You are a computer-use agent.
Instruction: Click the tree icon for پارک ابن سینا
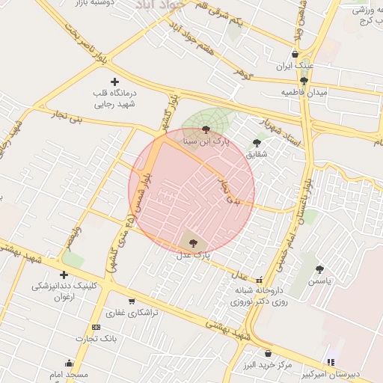click(206, 129)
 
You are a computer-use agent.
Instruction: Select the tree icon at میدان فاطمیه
click(303, 81)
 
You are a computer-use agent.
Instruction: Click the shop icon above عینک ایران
click(295, 54)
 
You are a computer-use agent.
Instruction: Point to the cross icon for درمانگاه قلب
click(114, 81)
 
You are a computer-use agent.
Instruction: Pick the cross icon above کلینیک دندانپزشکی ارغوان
click(64, 275)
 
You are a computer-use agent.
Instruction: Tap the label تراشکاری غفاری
click(132, 313)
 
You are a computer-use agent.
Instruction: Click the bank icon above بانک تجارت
click(96, 327)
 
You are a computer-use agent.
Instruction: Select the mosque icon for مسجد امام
click(69, 363)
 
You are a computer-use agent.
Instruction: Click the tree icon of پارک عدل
click(194, 243)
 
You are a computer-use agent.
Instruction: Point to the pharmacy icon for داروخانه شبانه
click(260, 281)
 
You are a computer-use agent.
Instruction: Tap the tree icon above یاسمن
click(319, 269)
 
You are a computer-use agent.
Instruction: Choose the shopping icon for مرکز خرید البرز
click(268, 353)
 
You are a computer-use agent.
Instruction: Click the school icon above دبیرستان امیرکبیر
click(331, 362)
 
